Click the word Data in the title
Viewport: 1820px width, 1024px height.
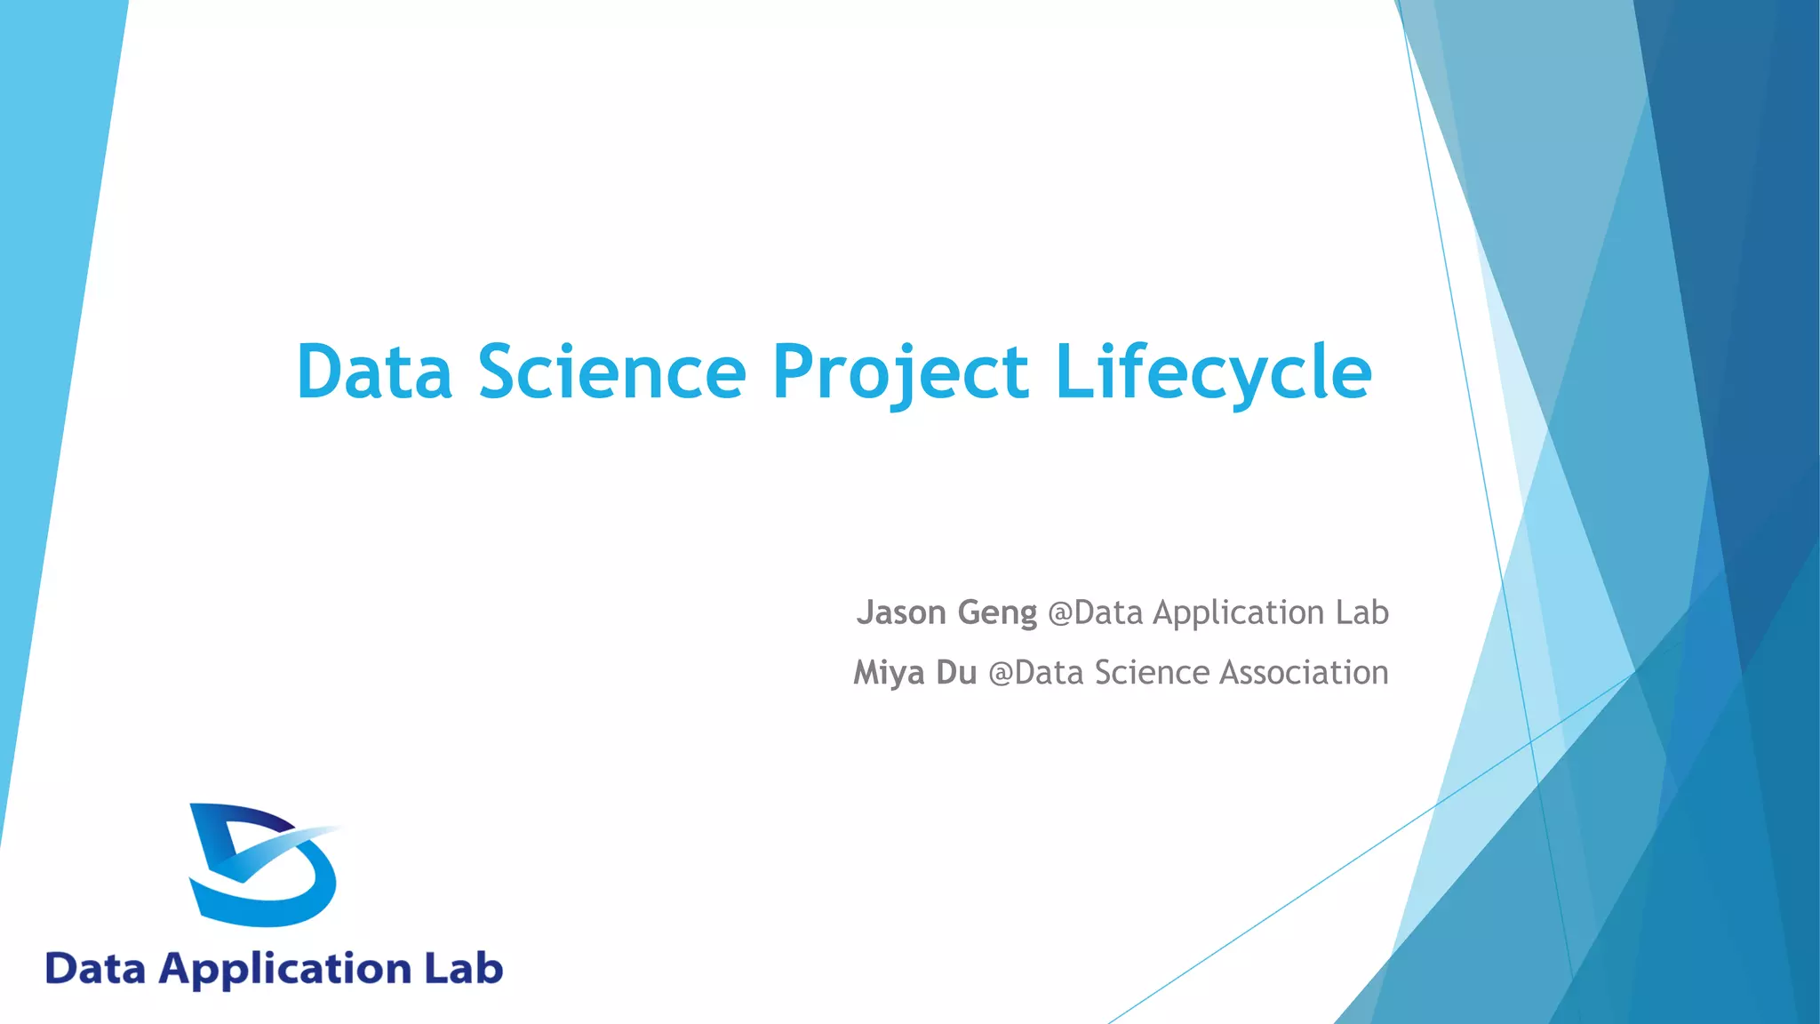(x=374, y=372)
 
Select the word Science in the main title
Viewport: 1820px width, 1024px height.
(x=611, y=372)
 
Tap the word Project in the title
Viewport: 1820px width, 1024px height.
(x=899, y=372)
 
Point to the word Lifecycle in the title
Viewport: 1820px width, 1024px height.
(x=1213, y=372)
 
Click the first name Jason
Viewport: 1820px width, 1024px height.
(x=901, y=612)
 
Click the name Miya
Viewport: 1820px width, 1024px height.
(x=889, y=673)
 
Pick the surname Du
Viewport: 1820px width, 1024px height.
(x=956, y=672)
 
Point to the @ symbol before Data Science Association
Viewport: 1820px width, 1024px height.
(x=1001, y=673)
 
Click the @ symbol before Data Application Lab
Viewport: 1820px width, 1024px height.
(x=1060, y=613)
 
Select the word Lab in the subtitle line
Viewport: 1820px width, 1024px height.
(x=1361, y=612)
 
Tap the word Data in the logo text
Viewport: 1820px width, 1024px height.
(x=95, y=969)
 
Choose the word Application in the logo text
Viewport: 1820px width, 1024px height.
(x=284, y=969)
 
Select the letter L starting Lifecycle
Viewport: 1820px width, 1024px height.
(x=1073, y=372)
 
